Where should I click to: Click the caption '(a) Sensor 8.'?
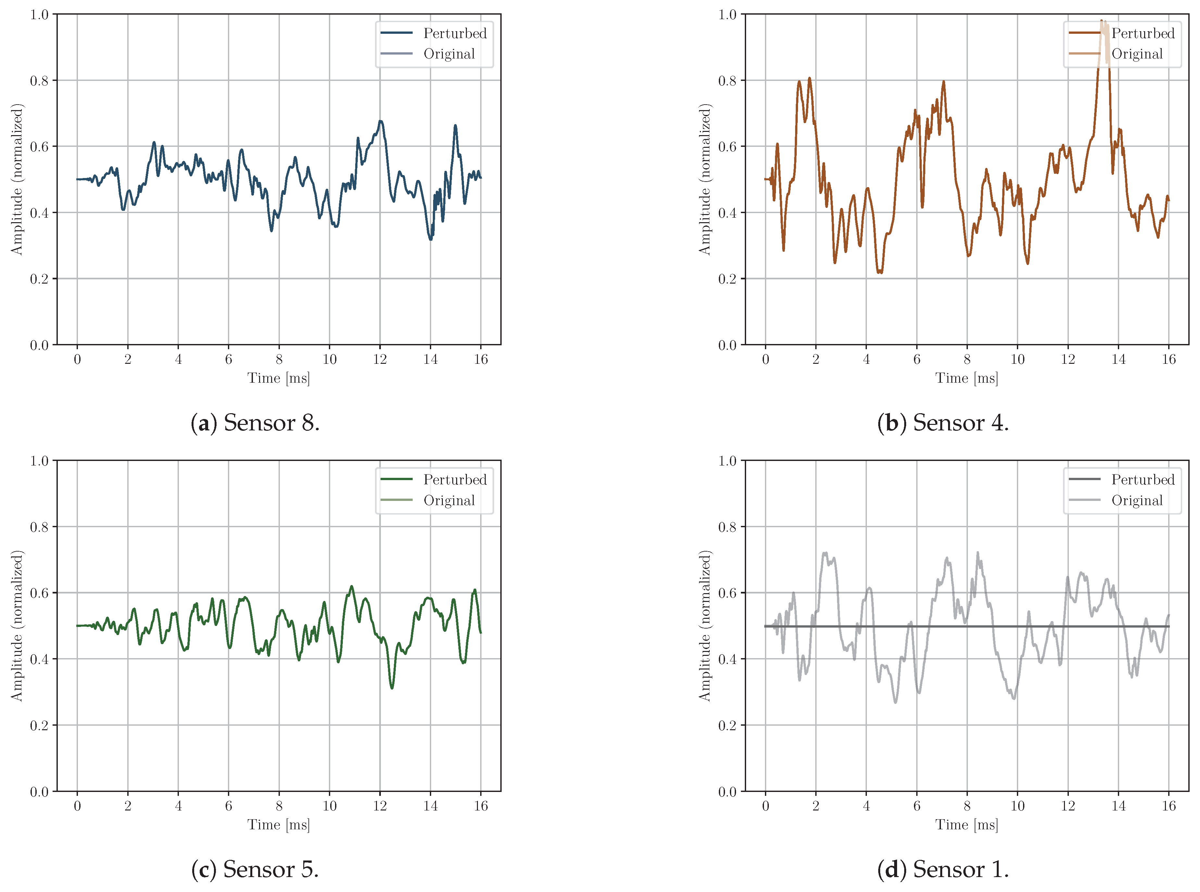(x=255, y=423)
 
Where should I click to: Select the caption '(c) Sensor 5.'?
(x=255, y=869)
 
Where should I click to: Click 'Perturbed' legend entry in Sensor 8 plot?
(x=454, y=33)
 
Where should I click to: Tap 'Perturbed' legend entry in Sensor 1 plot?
(x=1142, y=480)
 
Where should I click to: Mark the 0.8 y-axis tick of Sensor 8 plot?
(x=39, y=81)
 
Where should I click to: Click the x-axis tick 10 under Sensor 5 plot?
(x=329, y=806)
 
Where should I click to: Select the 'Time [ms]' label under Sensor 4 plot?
(x=966, y=378)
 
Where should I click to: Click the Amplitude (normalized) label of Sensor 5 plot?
(x=17, y=626)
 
